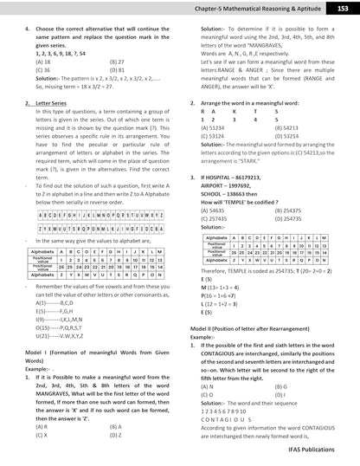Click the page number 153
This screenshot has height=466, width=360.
pyautogui.click(x=343, y=7)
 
